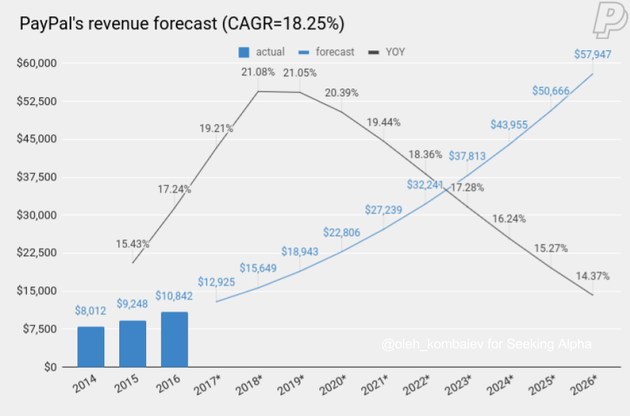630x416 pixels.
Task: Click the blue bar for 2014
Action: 91,347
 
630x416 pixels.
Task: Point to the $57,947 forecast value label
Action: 594,53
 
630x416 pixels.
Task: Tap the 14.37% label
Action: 593,276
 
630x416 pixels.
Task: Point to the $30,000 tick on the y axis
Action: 35,215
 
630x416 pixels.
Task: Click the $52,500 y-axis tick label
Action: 35,101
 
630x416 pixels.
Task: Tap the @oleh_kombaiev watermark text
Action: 486,345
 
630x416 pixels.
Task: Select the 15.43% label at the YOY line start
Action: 133,244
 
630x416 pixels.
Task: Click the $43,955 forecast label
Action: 509,124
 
